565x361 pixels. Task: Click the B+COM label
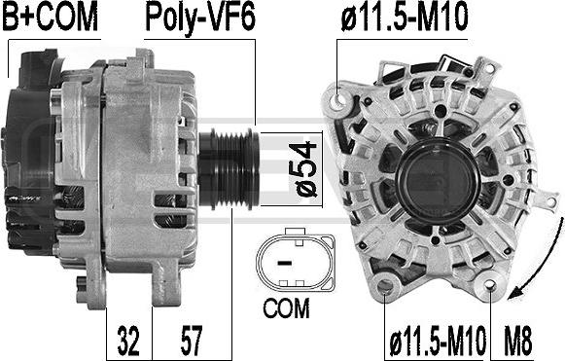pyautogui.click(x=51, y=17)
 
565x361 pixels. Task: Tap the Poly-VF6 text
pyautogui.click(x=200, y=18)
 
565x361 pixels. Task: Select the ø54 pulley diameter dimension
pyautogui.click(x=302, y=168)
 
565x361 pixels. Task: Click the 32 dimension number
pyautogui.click(x=128, y=341)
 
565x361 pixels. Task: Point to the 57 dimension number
pyautogui.click(x=192, y=341)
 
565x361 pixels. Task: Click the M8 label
pyautogui.click(x=517, y=341)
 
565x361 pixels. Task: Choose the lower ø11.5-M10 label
pyautogui.click(x=438, y=341)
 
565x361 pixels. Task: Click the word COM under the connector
pyautogui.click(x=286, y=308)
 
